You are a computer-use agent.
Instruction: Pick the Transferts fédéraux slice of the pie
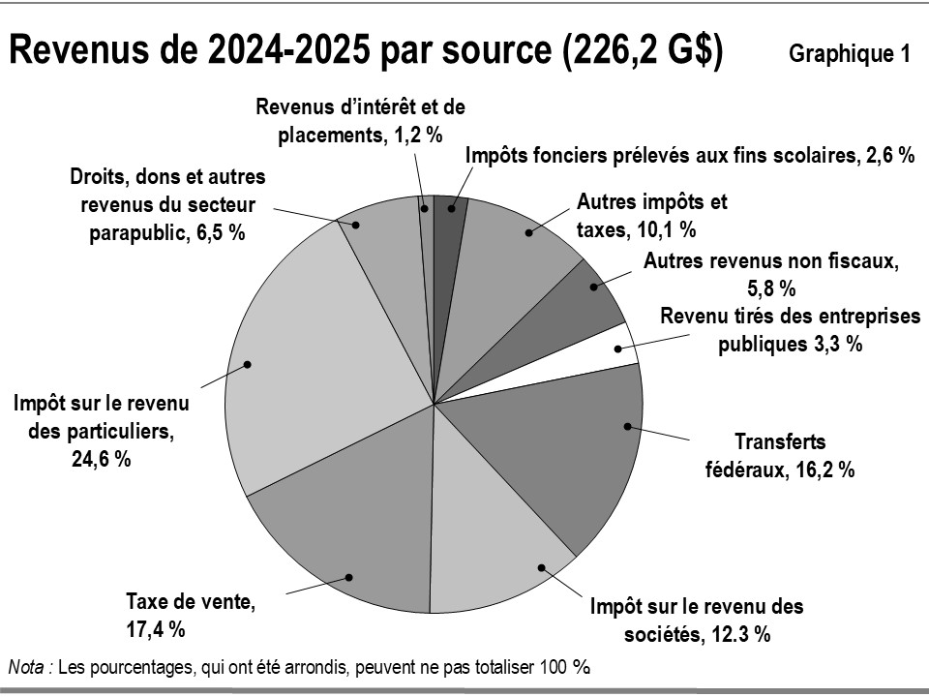pyautogui.click(x=561, y=445)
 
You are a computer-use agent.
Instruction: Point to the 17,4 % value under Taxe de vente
pyautogui.click(x=155, y=627)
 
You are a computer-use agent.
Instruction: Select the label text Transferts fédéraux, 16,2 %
pyautogui.click(x=780, y=456)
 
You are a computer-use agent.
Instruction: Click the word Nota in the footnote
pyautogui.click(x=28, y=666)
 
